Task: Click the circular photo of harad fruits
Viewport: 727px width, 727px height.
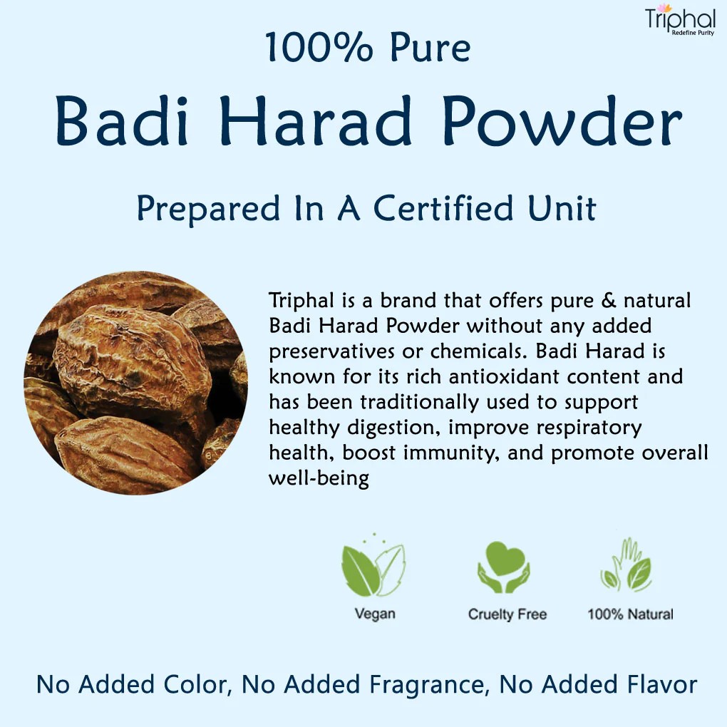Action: [135, 383]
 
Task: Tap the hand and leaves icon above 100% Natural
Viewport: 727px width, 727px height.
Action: [628, 567]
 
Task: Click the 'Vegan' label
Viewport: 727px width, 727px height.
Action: [375, 614]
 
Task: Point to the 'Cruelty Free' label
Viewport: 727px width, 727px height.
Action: [507, 614]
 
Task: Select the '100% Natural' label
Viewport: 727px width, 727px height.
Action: [630, 614]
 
